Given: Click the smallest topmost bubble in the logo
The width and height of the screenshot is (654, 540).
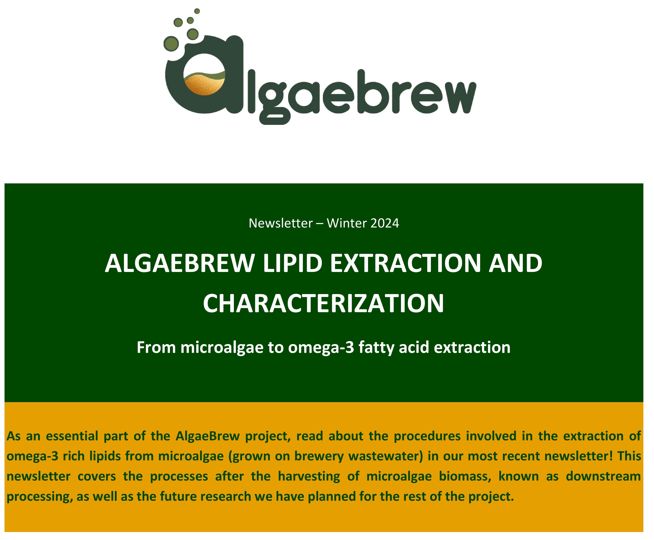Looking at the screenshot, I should [x=197, y=11].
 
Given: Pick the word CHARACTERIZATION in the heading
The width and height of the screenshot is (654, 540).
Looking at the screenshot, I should [x=323, y=304].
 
